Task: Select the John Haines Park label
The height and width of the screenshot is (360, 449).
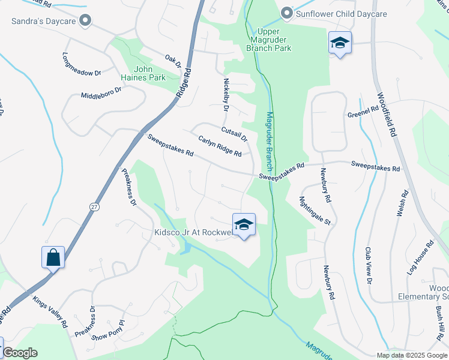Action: (x=149, y=73)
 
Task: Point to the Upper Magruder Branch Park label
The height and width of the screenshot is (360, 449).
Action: (x=273, y=40)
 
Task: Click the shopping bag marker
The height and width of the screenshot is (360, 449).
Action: (x=53, y=257)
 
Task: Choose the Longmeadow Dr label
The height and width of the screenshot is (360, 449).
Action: (x=82, y=65)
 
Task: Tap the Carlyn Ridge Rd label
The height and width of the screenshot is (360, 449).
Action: (x=220, y=146)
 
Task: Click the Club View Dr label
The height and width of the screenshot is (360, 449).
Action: (x=369, y=265)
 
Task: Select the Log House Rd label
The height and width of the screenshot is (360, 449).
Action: (x=420, y=258)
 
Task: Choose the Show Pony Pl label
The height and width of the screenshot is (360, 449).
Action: (x=108, y=331)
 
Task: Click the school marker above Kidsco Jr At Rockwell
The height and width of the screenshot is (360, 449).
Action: (x=244, y=225)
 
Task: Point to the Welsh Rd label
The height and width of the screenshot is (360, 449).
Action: (x=402, y=203)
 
